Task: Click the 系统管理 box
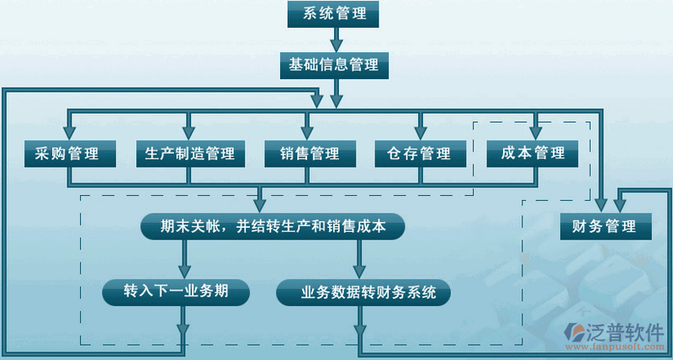coord(333,14)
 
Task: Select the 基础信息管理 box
coord(333,64)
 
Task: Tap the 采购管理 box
coord(67,154)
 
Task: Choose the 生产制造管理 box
coord(190,154)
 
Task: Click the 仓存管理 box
coord(419,154)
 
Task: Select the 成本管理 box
coord(533,154)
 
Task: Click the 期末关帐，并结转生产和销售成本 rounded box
coord(273,226)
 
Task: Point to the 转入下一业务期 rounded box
coord(177,291)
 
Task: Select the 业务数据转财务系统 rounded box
coord(363,293)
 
